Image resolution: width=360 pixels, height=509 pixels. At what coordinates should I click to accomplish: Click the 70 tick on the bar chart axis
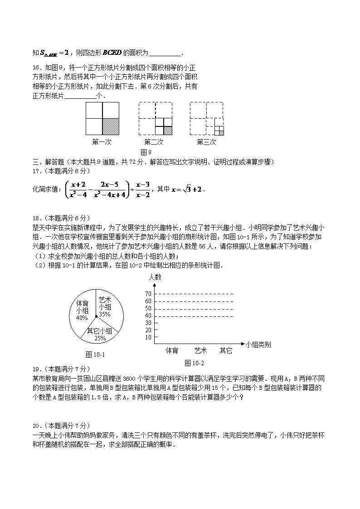[148, 294]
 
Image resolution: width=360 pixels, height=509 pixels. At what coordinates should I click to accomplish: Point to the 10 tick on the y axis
[148, 337]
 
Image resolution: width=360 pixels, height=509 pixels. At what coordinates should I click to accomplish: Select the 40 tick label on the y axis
[148, 315]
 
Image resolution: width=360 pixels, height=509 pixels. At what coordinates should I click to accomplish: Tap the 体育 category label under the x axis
[172, 350]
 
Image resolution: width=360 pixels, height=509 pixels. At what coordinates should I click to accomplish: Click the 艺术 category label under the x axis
[200, 350]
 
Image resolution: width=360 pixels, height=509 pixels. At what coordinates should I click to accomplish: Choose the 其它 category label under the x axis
[226, 350]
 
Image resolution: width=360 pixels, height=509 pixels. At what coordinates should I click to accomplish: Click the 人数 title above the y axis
[155, 277]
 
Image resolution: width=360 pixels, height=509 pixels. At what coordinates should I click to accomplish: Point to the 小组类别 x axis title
[258, 344]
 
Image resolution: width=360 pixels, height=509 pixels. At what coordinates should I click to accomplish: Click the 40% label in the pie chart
[82, 318]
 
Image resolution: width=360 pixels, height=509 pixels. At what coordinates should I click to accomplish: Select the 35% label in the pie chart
[105, 314]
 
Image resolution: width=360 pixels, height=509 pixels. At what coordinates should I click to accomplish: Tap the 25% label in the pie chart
[100, 338]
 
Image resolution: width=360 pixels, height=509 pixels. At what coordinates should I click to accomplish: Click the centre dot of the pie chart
[96, 316]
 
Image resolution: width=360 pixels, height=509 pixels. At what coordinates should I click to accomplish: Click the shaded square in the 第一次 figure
[111, 126]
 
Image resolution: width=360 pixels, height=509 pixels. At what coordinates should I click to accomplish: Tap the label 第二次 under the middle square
[154, 142]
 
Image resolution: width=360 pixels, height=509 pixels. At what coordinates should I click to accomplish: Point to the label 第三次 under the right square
[206, 142]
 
